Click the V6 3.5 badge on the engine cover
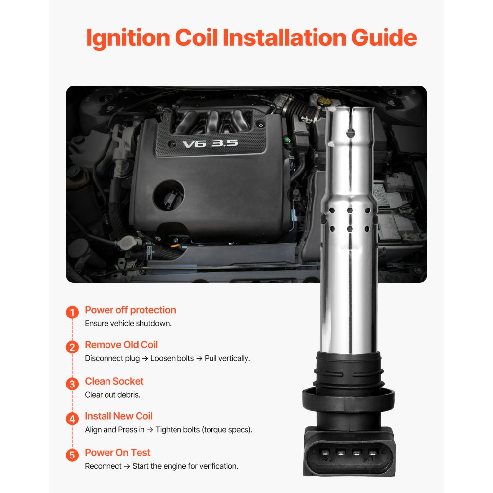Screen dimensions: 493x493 [x=210, y=144]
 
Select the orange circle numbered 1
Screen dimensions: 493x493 [x=72, y=313]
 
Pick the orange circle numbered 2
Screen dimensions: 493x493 [x=72, y=347]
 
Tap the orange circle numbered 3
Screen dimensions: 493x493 [x=72, y=384]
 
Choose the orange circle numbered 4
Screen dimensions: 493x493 [x=72, y=419]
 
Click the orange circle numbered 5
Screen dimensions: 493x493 [x=72, y=455]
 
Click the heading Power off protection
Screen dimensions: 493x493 [x=130, y=310]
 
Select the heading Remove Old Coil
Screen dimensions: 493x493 [x=121, y=345]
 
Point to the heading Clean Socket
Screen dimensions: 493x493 [x=114, y=381]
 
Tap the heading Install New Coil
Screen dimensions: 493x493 [x=119, y=416]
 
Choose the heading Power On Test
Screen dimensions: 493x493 [x=118, y=453]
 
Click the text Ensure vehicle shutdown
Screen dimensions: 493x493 [x=128, y=324]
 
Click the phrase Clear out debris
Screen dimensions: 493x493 [x=112, y=395]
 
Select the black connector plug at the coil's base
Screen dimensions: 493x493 [x=349, y=451]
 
